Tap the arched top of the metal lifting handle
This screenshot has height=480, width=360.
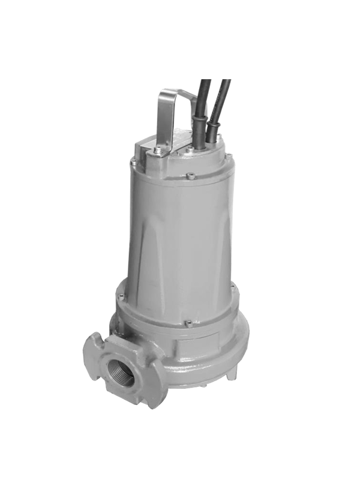(x=174, y=93)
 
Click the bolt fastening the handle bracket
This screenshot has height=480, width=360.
(x=157, y=150)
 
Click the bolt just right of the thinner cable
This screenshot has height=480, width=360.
(x=224, y=144)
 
